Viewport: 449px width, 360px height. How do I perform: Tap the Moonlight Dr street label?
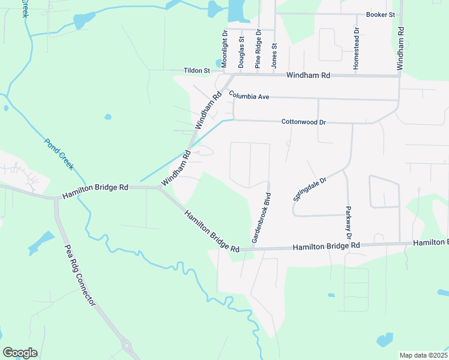[224, 48]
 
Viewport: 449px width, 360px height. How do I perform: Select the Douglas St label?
[241, 52]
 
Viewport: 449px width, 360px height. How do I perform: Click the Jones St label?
[274, 55]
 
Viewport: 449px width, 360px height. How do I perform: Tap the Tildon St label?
[197, 70]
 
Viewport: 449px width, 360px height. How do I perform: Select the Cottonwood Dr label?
[303, 122]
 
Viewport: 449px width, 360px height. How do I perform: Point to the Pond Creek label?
[59, 154]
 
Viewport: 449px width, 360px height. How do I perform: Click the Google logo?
[20, 353]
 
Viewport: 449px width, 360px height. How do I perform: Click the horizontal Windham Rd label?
[309, 76]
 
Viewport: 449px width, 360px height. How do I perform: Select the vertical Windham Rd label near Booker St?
[400, 46]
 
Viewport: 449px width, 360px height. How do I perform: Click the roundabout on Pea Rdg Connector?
[126, 346]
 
